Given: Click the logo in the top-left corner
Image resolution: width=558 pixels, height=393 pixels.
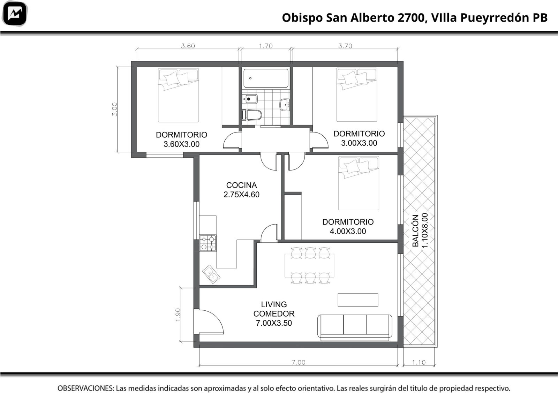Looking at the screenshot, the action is click(x=14, y=13).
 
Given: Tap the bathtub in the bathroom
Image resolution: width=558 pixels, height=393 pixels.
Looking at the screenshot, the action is click(x=266, y=78).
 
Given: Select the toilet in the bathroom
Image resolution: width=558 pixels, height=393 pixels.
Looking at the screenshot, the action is click(x=252, y=115).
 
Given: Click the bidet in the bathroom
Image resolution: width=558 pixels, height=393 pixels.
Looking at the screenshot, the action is click(x=250, y=99).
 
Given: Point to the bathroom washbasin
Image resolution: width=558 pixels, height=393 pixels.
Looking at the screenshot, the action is click(x=285, y=105).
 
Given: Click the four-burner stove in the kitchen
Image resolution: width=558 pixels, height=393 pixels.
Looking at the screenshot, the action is click(x=208, y=243).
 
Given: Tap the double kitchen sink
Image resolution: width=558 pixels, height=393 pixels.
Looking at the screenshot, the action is click(x=211, y=274).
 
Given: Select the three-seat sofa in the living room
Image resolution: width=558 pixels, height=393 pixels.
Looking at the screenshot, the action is click(x=355, y=327).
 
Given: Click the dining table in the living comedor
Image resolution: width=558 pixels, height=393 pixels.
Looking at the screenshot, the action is click(x=309, y=265).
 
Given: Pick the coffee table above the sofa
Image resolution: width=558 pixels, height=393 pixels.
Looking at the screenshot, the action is click(x=358, y=300).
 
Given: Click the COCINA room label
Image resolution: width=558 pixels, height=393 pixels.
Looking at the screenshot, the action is click(x=241, y=185).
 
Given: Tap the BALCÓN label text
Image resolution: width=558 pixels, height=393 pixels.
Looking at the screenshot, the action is click(x=415, y=231).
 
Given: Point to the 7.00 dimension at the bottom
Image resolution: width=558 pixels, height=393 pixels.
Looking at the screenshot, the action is click(x=299, y=362).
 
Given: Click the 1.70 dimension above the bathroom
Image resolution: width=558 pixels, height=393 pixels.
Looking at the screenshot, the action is click(x=266, y=46).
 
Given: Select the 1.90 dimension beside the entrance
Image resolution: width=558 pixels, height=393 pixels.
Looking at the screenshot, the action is click(x=178, y=315).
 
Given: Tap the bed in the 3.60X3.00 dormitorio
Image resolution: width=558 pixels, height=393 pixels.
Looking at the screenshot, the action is click(x=178, y=96).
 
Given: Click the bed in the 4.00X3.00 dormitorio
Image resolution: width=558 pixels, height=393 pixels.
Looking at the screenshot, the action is click(x=359, y=183).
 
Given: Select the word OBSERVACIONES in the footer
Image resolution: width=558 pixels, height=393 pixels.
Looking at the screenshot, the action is click(x=86, y=388).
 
